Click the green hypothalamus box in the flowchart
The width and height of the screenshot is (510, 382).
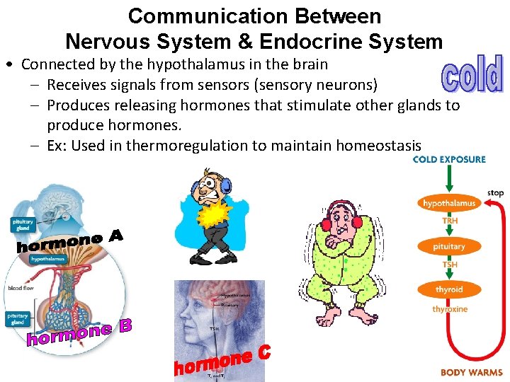click(x=449, y=204)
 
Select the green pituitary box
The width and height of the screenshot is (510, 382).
click(x=449, y=247)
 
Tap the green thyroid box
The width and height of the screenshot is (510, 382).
click(x=449, y=289)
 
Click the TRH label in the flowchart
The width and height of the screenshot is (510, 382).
click(x=450, y=221)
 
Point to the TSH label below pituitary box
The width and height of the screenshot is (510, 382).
click(x=450, y=265)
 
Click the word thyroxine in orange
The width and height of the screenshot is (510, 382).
click(x=450, y=309)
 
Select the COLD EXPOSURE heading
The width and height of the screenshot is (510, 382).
click(x=449, y=159)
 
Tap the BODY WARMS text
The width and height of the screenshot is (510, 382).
click(x=471, y=372)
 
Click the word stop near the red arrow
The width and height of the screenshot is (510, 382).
click(x=495, y=192)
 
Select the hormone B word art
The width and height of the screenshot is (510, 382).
click(x=79, y=333)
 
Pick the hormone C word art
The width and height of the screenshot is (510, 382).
click(x=222, y=361)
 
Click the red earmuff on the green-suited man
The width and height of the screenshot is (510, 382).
click(x=358, y=221)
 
